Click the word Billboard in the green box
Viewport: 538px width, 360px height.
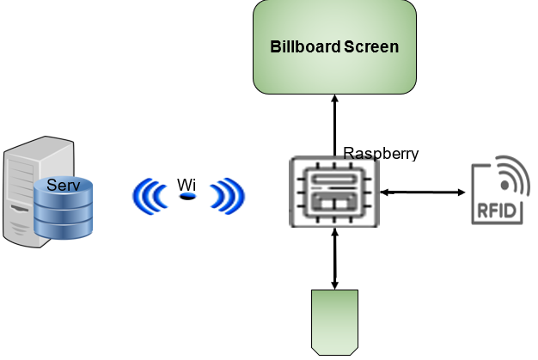click(x=305, y=46)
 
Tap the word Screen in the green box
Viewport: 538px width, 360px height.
click(x=371, y=46)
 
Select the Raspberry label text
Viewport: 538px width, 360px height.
click(x=381, y=154)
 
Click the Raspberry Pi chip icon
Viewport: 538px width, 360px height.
click(x=333, y=192)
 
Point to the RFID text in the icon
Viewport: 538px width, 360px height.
click(x=497, y=210)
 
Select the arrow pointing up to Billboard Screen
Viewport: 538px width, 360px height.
click(x=334, y=125)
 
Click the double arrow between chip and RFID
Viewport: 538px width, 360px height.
click(x=425, y=192)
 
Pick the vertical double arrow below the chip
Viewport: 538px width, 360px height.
click(x=334, y=258)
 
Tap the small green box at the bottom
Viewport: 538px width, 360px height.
click(x=334, y=321)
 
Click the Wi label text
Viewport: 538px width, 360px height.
click(x=186, y=185)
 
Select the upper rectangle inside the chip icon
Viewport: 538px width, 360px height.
click(x=333, y=180)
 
